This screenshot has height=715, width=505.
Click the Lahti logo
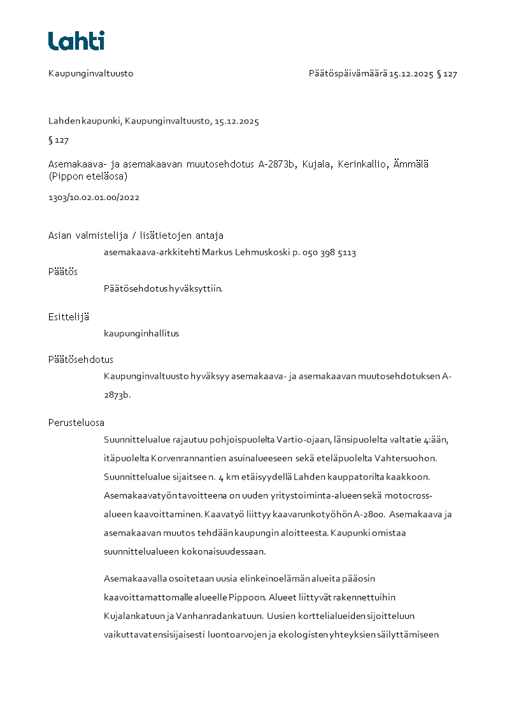[76, 41]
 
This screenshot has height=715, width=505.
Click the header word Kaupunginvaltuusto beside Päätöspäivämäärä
[90, 73]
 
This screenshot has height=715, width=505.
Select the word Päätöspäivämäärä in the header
[348, 73]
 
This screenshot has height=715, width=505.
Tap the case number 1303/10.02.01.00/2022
[94, 197]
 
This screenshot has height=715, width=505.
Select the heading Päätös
[63, 271]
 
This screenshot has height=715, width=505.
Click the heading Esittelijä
[69, 316]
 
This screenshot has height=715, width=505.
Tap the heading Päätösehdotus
[81, 360]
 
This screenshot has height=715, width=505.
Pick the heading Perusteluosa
[76, 422]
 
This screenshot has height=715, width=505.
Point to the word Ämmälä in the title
[413, 164]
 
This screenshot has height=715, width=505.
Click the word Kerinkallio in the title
[361, 164]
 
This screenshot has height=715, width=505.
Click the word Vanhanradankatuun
[224, 616]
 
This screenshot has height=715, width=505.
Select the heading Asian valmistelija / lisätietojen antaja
[136, 236]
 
